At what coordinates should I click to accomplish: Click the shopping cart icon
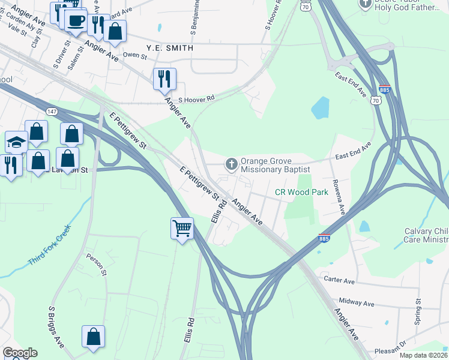coord(182,228)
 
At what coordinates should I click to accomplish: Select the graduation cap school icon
coord(16,142)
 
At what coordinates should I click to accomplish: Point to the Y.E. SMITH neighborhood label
coord(170,47)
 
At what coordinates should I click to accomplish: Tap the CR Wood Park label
coord(301,193)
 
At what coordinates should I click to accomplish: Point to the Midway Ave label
coord(356,304)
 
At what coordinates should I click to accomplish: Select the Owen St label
coord(135,56)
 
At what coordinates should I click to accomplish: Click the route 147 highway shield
coord(52,112)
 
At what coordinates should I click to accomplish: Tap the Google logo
coord(20,353)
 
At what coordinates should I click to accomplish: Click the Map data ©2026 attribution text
coord(423,355)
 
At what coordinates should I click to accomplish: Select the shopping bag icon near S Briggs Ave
coord(94,337)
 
